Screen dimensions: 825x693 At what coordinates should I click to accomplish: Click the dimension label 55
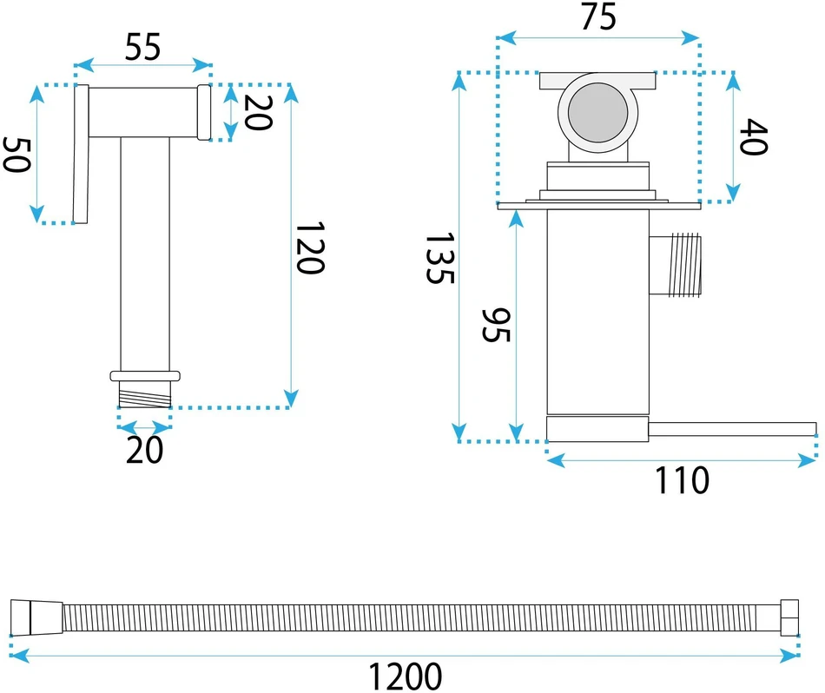(142, 48)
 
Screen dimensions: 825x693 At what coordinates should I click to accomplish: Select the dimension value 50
(16, 155)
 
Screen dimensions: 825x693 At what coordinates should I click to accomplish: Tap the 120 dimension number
(310, 247)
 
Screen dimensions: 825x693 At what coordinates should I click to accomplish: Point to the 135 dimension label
(439, 259)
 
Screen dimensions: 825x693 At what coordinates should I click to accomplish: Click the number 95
(496, 325)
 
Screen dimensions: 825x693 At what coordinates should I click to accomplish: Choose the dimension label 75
(598, 16)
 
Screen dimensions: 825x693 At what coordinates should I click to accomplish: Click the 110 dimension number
(682, 480)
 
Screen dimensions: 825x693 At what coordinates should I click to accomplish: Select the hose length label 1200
(406, 676)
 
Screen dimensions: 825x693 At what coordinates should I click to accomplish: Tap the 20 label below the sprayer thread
(145, 450)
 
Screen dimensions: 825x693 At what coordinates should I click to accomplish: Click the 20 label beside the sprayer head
(258, 112)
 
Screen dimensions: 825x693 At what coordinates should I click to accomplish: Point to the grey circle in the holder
(597, 113)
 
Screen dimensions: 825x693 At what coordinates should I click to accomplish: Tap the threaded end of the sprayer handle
(145, 394)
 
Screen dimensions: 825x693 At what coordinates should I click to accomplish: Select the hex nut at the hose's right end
(789, 617)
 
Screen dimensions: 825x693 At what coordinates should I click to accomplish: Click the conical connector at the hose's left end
(36, 617)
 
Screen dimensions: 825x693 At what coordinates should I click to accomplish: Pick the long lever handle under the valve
(732, 429)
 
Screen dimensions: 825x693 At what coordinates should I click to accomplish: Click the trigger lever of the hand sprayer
(81, 154)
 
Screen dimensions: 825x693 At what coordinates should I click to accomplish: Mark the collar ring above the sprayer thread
(145, 376)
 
